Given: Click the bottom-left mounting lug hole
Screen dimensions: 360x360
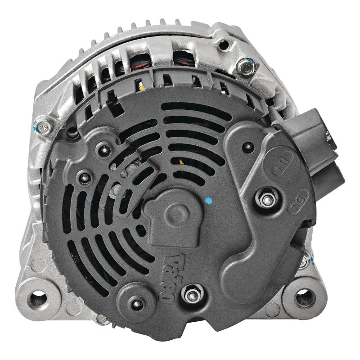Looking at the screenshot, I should [39, 297].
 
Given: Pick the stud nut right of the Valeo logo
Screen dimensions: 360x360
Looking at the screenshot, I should [193, 295].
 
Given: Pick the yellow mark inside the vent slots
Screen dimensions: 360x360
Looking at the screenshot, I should [181, 161].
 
